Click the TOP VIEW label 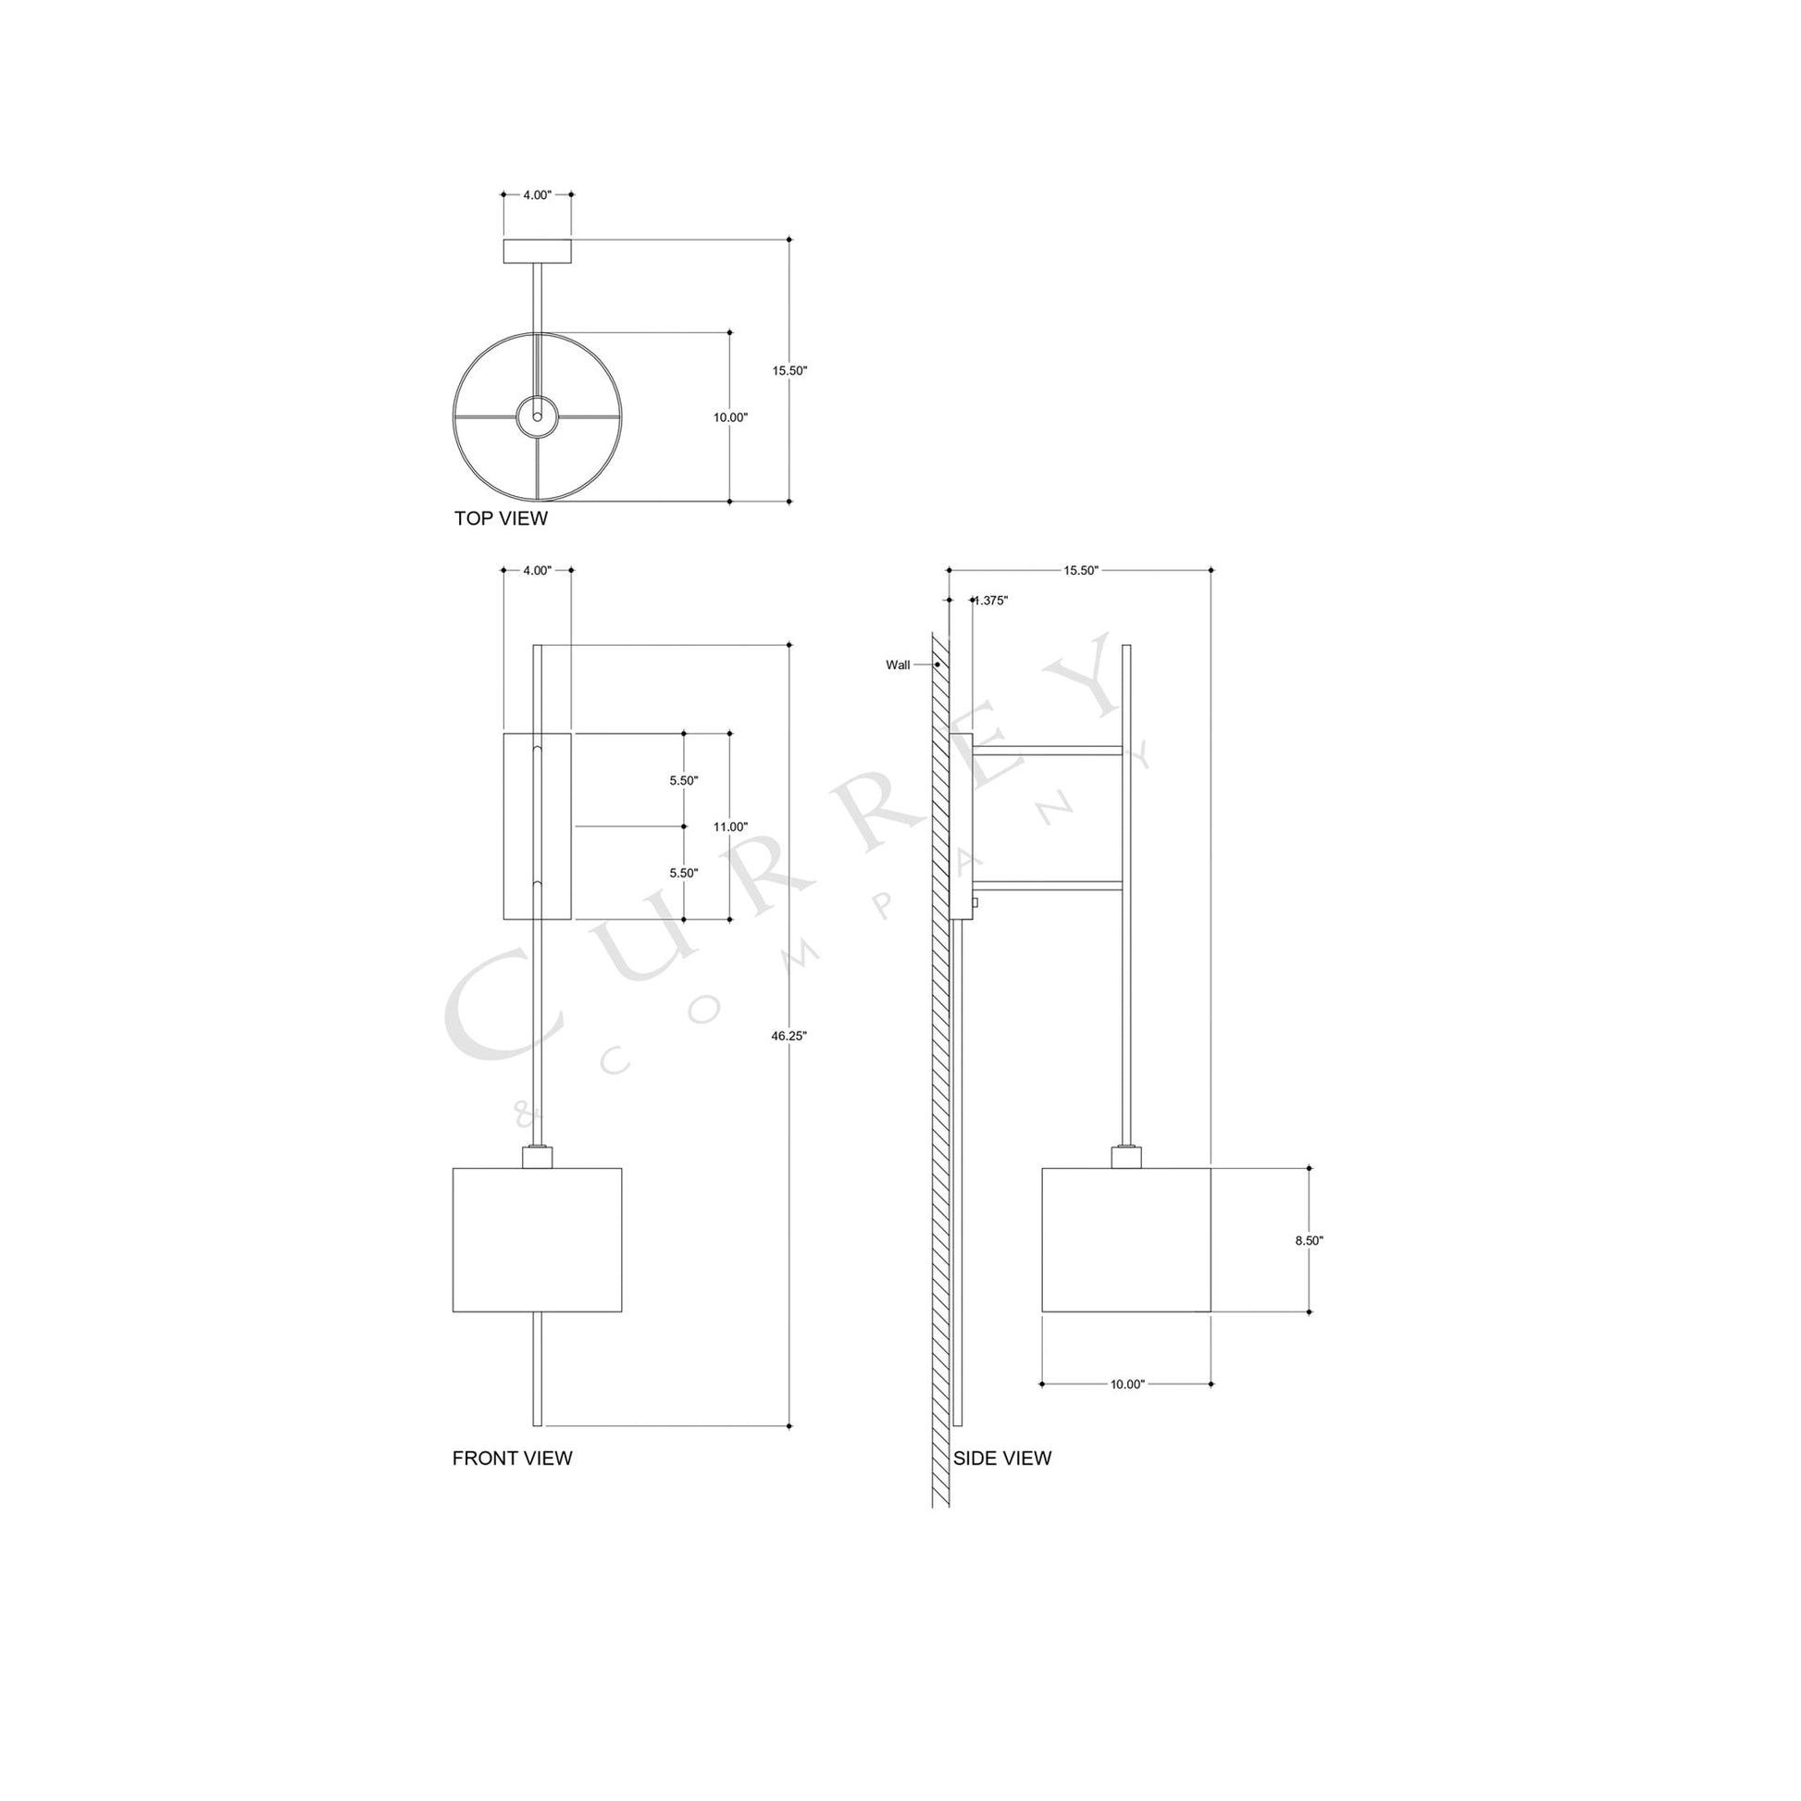[501, 518]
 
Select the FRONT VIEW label [512, 1458]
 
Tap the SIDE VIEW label [1002, 1458]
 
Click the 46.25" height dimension [789, 1036]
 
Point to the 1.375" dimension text [990, 602]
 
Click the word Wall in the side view [898, 665]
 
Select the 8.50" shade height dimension [1309, 1241]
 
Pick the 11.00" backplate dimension [730, 826]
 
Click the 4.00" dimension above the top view [537, 195]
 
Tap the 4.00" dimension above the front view [537, 570]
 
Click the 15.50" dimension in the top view [789, 370]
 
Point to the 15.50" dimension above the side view [1080, 570]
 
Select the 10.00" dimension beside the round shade [730, 417]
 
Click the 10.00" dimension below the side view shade [1127, 1385]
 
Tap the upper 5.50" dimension [683, 780]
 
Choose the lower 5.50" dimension [683, 874]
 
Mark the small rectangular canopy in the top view [537, 252]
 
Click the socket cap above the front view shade [537, 1157]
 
